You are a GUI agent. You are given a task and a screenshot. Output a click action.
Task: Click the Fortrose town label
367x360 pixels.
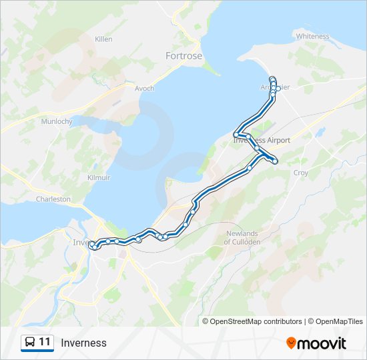(183, 56)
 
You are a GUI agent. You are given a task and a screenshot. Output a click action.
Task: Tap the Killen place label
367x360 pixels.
(103, 39)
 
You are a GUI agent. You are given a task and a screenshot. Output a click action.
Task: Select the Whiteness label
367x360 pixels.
(312, 36)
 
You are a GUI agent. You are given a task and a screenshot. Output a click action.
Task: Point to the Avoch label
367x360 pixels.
(144, 88)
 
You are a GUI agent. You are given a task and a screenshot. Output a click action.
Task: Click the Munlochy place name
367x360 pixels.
(56, 121)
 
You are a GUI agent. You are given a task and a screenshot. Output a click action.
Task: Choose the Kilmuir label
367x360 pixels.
(99, 177)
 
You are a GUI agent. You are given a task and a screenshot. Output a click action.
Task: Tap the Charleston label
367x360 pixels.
(53, 199)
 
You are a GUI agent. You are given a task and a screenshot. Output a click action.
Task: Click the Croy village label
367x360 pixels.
(301, 173)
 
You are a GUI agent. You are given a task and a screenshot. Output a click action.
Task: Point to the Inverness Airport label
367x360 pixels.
(262, 141)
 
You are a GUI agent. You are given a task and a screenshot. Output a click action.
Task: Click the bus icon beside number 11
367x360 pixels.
(30, 343)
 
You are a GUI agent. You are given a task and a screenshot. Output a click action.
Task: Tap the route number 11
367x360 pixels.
(45, 343)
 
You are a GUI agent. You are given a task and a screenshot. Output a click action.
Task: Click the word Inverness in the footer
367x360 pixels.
(83, 343)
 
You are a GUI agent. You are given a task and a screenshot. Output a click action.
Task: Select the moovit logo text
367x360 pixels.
(322, 343)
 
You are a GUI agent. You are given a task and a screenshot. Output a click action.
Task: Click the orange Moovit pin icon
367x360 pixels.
(291, 343)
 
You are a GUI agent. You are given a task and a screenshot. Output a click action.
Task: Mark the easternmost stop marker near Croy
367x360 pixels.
(275, 161)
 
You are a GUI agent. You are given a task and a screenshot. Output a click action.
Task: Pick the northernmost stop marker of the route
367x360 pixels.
(272, 79)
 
